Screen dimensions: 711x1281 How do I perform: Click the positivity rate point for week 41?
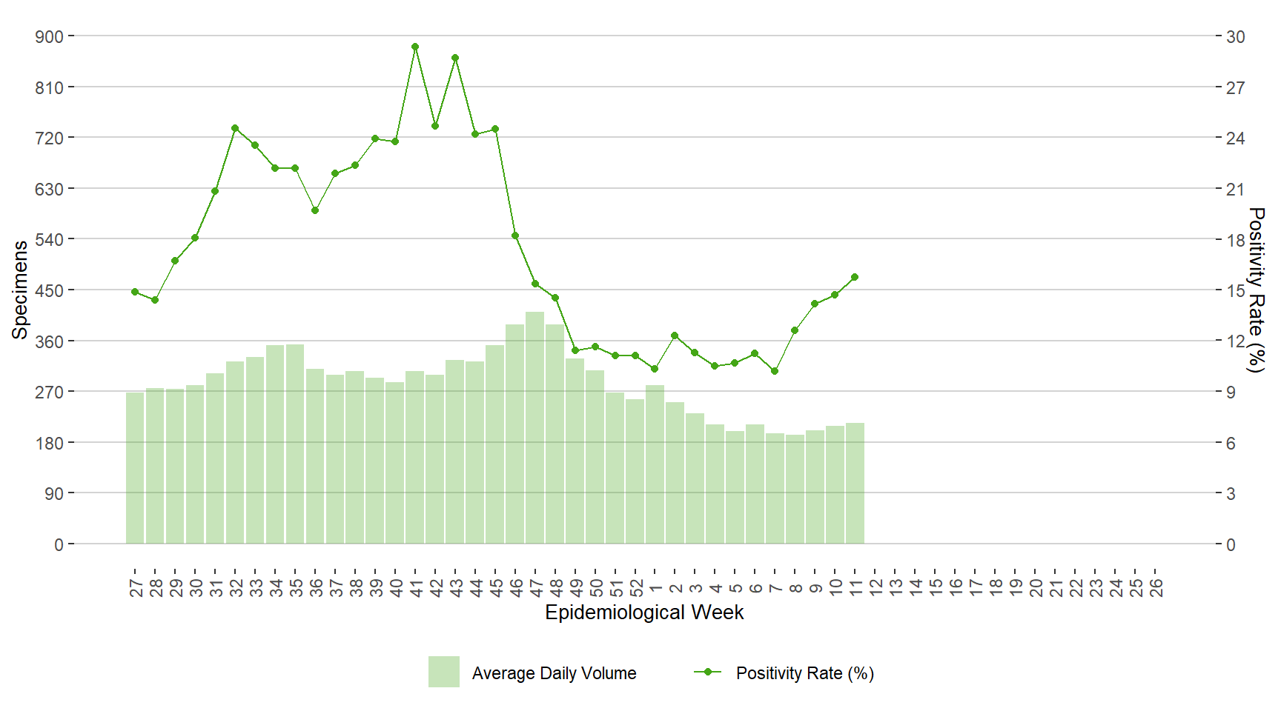point(415,47)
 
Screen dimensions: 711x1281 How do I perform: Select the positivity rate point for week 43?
point(455,58)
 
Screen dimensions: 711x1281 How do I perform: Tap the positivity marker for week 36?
point(315,210)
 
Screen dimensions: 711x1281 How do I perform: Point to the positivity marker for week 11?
point(855,277)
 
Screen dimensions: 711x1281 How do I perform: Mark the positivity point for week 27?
point(135,292)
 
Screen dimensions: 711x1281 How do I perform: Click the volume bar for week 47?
point(535,427)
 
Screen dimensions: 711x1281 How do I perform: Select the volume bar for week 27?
point(135,468)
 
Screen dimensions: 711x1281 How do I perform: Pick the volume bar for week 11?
point(855,483)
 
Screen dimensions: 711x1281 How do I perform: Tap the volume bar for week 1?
point(655,464)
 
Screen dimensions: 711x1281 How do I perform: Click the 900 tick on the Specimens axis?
point(49,36)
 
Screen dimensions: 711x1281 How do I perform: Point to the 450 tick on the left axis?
point(49,290)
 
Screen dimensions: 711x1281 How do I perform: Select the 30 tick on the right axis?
point(1235,36)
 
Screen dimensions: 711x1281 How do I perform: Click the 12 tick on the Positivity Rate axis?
point(1235,341)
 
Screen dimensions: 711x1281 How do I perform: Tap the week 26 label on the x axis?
point(1156,588)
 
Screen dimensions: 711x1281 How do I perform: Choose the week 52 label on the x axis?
point(636,588)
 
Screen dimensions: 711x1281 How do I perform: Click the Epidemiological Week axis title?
point(644,612)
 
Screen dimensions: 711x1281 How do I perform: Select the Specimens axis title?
point(20,290)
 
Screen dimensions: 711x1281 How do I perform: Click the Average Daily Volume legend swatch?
point(443,672)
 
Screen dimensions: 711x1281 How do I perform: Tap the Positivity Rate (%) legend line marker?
point(707,672)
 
